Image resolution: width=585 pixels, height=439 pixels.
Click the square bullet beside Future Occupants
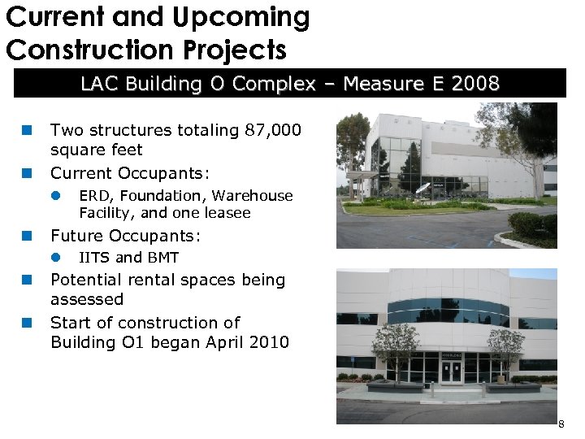26,236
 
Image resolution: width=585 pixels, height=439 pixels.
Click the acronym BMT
162,258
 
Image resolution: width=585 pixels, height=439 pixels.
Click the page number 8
561,424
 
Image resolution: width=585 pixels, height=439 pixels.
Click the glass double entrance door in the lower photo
452,371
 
